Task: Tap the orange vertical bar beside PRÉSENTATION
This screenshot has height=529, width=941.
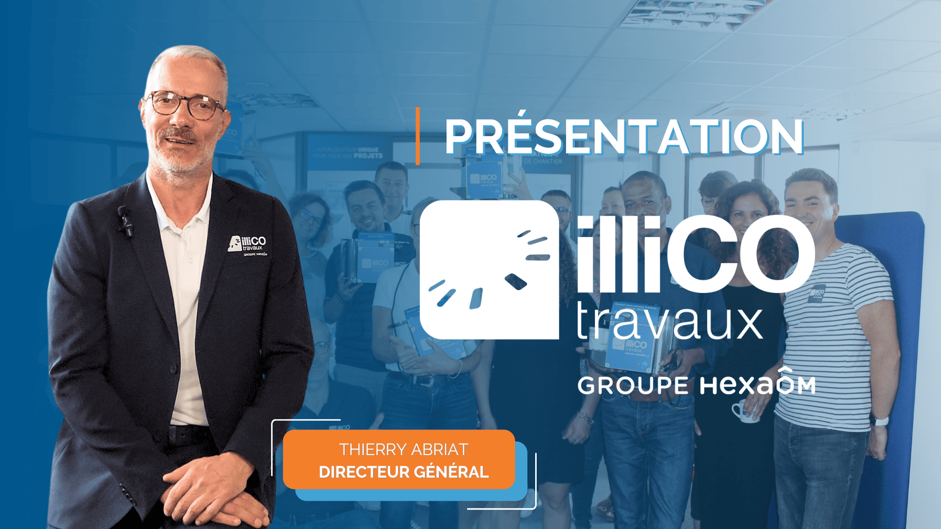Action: click(418, 136)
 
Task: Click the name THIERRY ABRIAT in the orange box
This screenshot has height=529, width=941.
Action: click(403, 449)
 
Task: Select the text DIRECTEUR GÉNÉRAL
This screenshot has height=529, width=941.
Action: click(403, 472)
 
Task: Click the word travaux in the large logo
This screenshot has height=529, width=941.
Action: click(669, 322)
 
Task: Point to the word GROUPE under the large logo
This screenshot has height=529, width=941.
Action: click(633, 386)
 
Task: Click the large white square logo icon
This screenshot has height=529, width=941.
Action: click(489, 270)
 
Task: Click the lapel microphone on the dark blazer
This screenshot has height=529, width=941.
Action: click(125, 221)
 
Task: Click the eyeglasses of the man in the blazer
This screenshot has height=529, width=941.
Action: click(184, 104)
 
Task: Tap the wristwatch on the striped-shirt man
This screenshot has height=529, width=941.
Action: click(880, 421)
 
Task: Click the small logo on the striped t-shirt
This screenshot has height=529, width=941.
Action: click(817, 293)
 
